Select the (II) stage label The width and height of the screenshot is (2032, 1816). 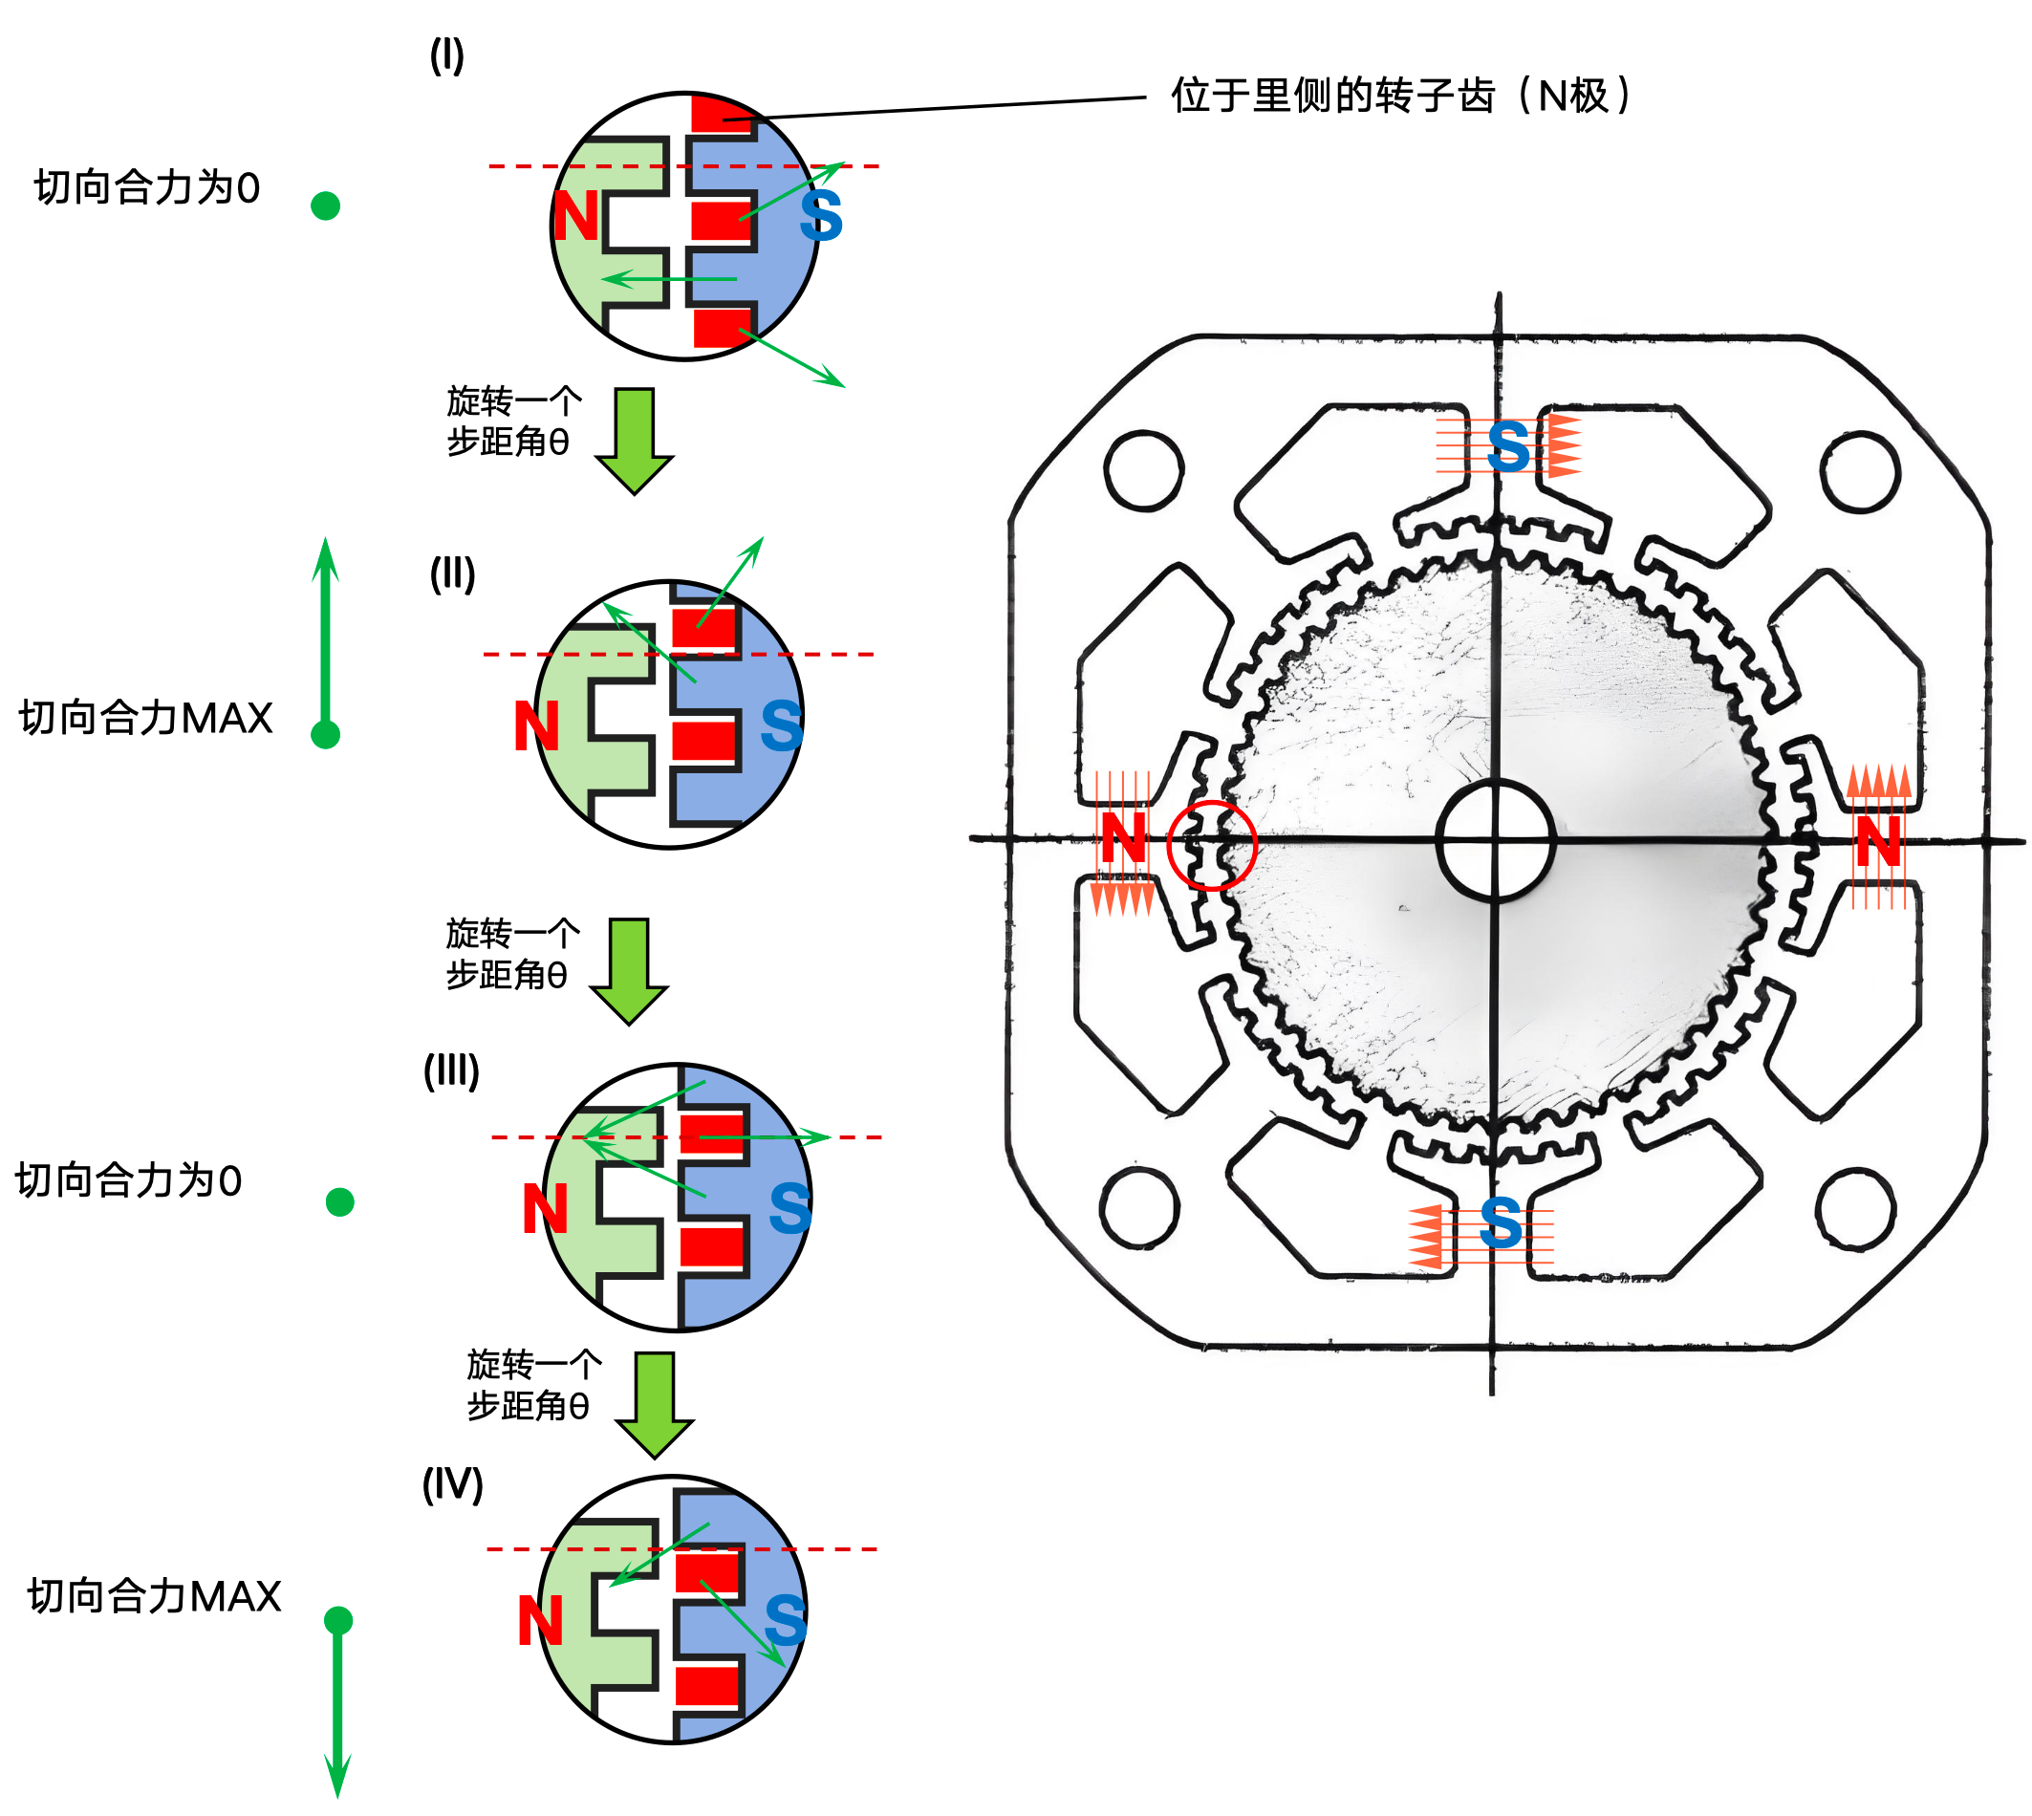pyautogui.click(x=452, y=573)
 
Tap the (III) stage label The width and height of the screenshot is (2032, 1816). pyautogui.click(x=451, y=1070)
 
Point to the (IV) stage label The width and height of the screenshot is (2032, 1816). pyautogui.click(x=452, y=1483)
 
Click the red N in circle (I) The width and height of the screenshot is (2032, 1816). pyautogui.click(x=575, y=217)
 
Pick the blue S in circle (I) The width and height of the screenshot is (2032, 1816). pyautogui.click(x=820, y=217)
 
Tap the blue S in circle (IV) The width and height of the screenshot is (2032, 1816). pyautogui.click(x=784, y=1620)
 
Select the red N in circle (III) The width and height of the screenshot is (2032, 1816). pyautogui.click(x=545, y=1209)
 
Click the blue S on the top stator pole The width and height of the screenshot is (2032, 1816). pyautogui.click(x=1507, y=447)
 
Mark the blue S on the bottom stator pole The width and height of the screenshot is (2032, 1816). pyautogui.click(x=1500, y=1223)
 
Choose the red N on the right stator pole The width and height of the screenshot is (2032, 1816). pyautogui.click(x=1877, y=841)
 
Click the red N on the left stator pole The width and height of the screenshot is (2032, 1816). pyautogui.click(x=1123, y=838)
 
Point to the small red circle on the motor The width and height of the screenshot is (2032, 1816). pyautogui.click(x=1211, y=844)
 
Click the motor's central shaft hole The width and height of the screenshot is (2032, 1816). pyautogui.click(x=1494, y=841)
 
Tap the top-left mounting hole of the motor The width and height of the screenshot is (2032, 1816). pyautogui.click(x=1144, y=469)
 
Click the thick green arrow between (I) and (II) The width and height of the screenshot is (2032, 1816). pyautogui.click(x=635, y=439)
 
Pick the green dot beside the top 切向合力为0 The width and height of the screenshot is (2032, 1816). pyautogui.click(x=325, y=205)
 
